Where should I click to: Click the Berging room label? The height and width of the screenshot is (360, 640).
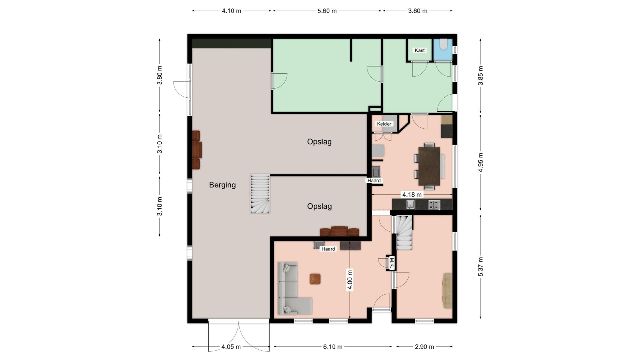point(222,185)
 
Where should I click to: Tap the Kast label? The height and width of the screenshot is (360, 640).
point(420,50)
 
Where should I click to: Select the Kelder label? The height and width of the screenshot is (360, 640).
point(384,124)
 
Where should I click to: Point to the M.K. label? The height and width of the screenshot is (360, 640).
point(392,263)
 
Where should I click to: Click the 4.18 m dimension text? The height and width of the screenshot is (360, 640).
point(412,195)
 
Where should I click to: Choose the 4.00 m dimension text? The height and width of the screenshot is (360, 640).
point(350,280)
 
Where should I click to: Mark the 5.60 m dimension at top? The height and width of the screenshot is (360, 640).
point(327,11)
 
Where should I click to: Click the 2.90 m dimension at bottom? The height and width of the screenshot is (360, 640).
point(425,347)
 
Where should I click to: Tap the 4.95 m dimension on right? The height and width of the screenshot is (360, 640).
point(481,163)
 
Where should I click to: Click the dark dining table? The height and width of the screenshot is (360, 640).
point(429,166)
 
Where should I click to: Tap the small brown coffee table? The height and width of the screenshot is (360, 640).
point(315,279)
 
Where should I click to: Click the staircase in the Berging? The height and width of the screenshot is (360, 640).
point(260,194)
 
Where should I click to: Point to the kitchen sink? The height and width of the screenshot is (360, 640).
point(410,204)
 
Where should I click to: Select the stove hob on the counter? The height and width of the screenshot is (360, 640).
point(434,205)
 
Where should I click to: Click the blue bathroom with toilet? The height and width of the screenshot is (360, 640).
point(443,50)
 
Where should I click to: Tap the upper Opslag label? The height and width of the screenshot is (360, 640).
point(319,142)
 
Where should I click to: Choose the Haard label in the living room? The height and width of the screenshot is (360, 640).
point(328,249)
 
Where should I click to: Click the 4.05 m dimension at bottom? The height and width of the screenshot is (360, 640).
point(231,347)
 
